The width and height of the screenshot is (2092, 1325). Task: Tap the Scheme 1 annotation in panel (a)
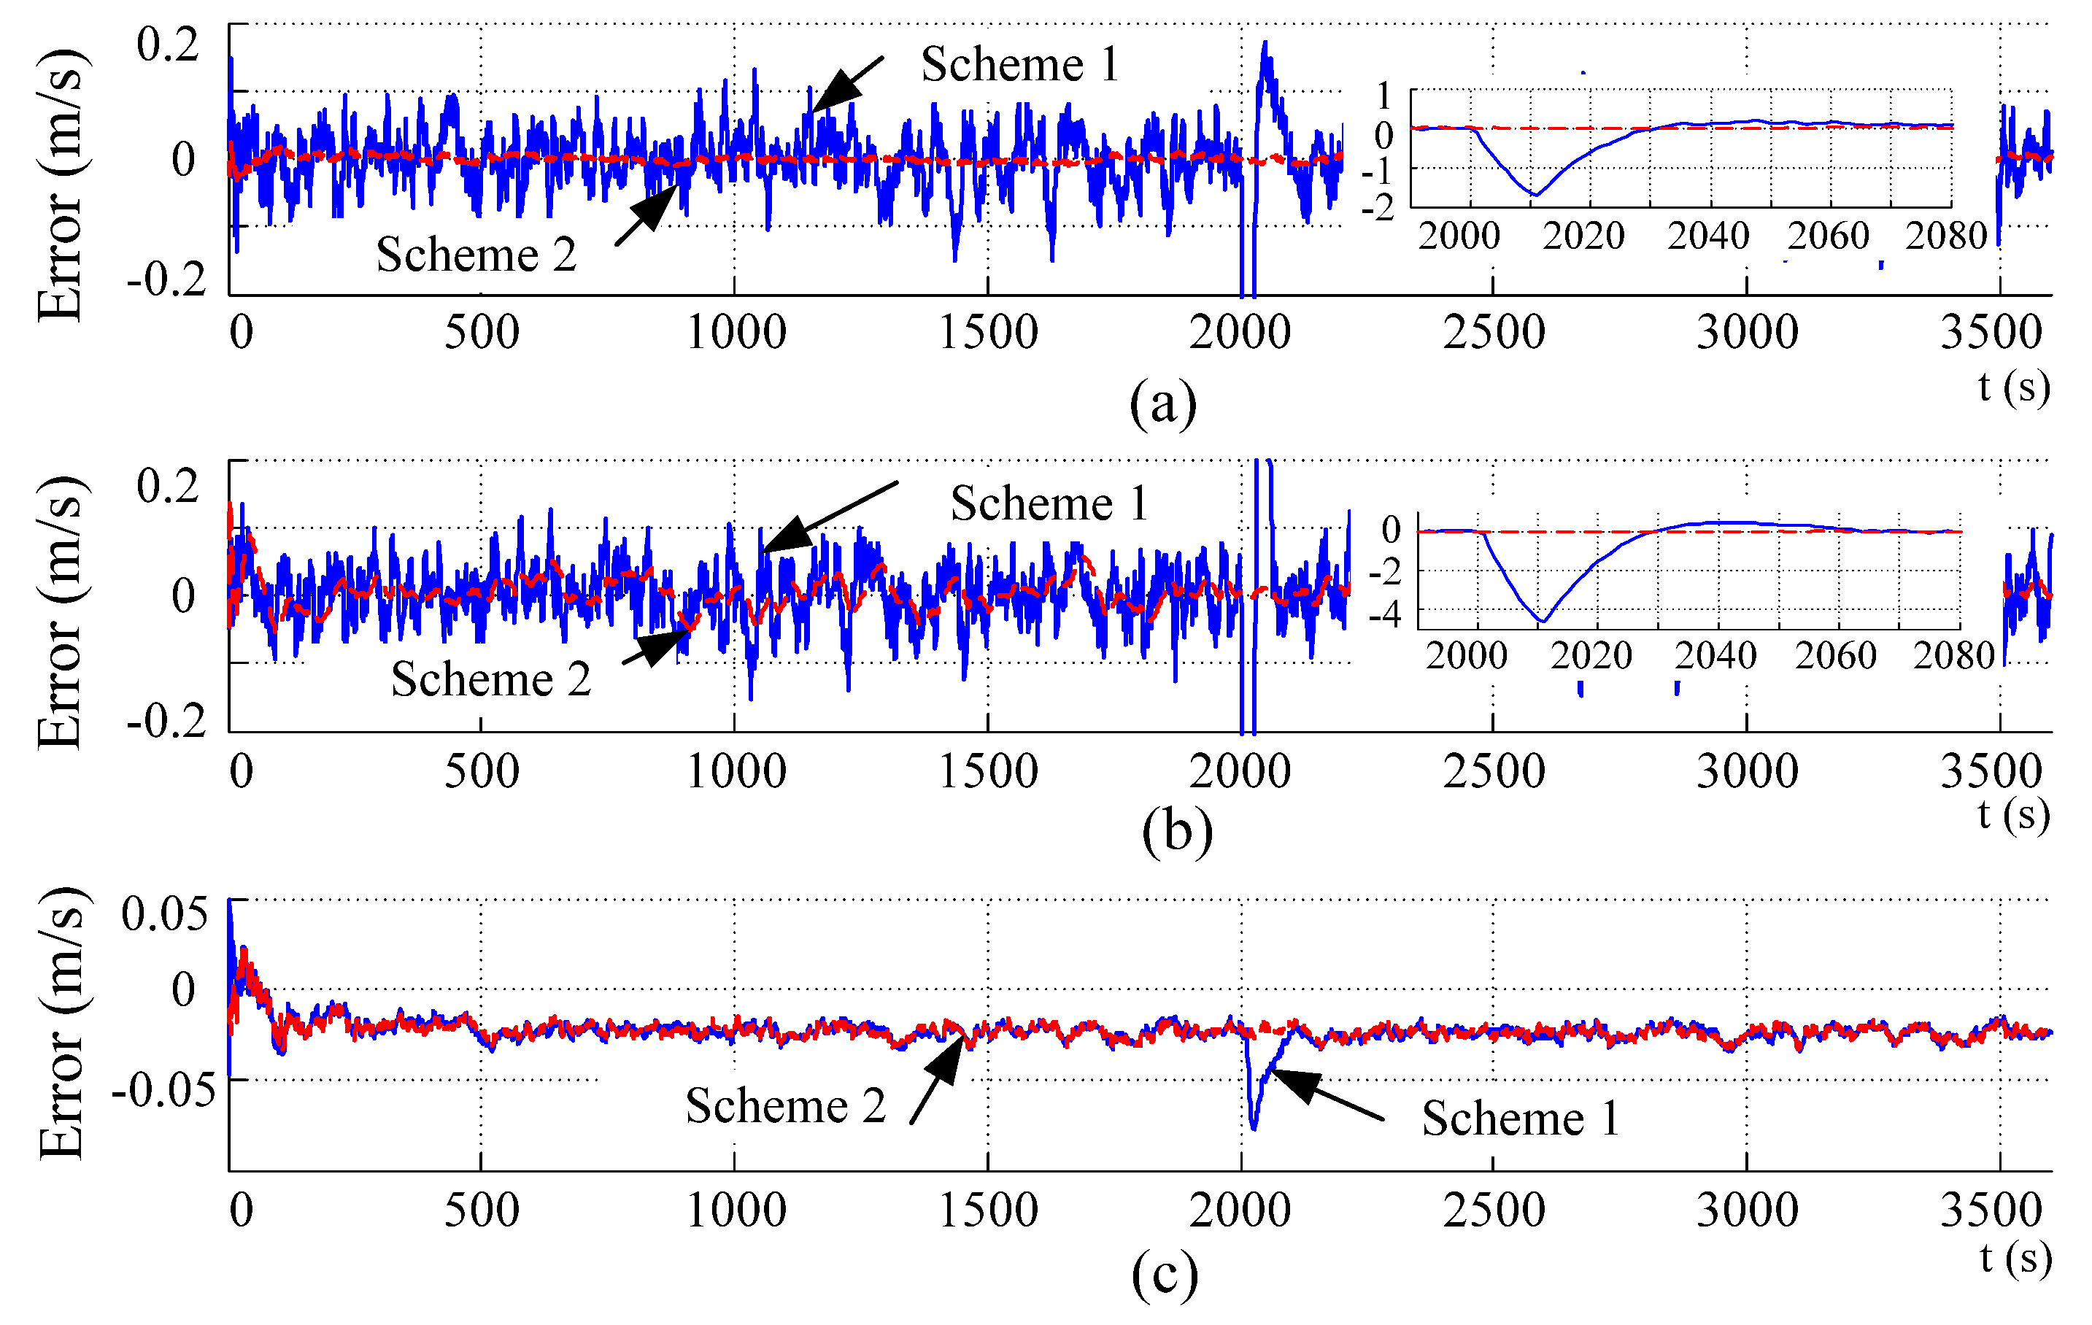[1020, 64]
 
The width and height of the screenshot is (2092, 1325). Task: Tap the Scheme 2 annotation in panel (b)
[491, 679]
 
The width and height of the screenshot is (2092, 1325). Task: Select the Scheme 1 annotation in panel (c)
[1521, 1119]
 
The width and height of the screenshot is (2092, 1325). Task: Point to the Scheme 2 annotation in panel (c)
[785, 1106]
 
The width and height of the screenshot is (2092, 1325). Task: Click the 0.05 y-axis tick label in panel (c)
[164, 914]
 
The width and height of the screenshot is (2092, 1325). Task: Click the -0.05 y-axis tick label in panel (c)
[163, 1089]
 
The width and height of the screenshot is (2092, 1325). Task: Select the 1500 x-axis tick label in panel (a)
[988, 333]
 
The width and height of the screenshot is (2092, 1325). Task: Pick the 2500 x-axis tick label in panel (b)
[1494, 771]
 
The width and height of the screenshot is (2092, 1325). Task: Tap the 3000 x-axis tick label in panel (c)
[1746, 1210]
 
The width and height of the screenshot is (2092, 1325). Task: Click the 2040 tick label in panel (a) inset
[1707, 236]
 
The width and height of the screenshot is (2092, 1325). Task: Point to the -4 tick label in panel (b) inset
[1385, 615]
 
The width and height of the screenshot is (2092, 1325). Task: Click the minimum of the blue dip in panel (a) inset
[1535, 196]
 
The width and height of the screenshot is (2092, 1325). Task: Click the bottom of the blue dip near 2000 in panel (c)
[1253, 1128]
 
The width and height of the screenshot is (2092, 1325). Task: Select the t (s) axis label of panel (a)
[2014, 386]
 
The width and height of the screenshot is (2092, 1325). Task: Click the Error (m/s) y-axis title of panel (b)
[61, 613]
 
